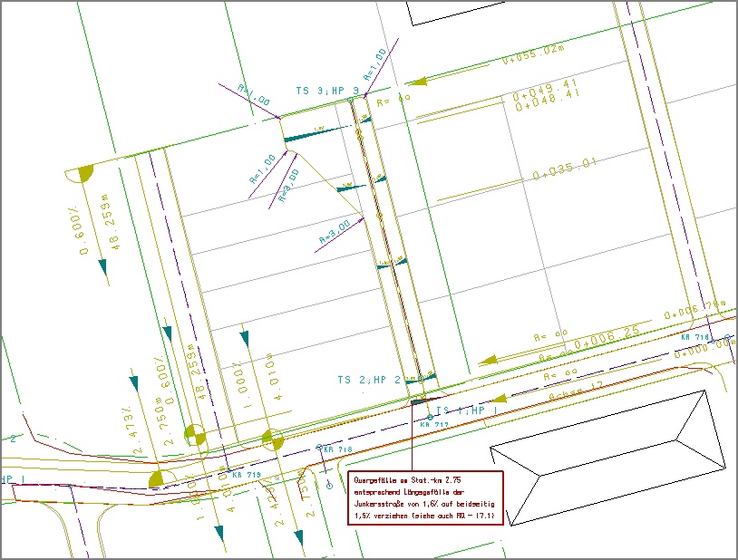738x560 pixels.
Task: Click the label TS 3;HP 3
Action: [327, 91]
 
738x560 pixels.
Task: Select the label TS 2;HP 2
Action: [369, 380]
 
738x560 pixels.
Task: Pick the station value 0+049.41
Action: [546, 84]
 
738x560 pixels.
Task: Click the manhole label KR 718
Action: [337, 449]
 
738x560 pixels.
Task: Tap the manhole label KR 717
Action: [435, 424]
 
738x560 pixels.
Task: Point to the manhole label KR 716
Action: [695, 337]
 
